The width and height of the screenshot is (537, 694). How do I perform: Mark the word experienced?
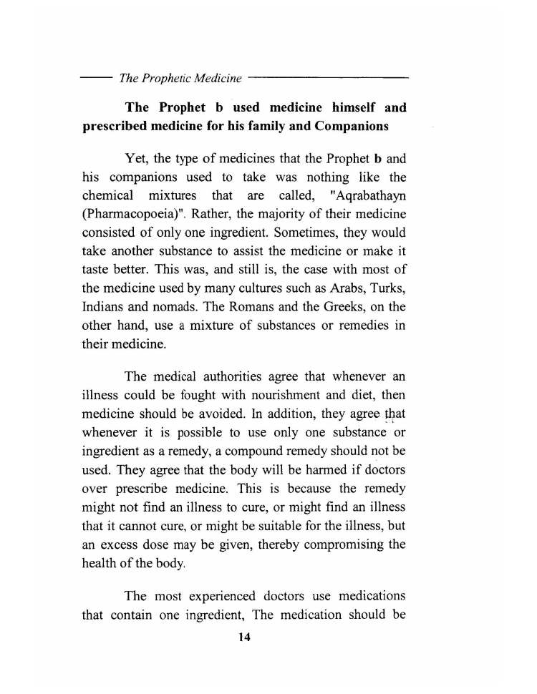[221, 595]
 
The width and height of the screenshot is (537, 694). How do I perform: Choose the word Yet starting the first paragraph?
[137, 157]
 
